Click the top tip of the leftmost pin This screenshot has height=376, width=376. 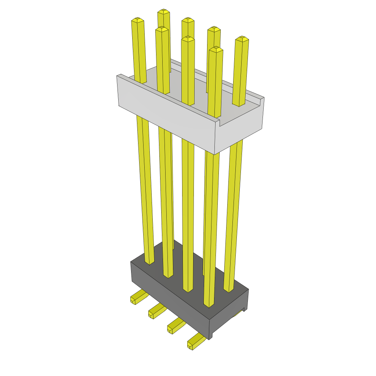[x=137, y=19]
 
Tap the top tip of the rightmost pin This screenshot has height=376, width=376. [x=242, y=38]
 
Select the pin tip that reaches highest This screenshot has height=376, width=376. [x=164, y=11]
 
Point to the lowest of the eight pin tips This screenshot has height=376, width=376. [x=216, y=49]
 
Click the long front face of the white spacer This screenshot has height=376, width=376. [x=165, y=121]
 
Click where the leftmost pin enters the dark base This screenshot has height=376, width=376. [x=149, y=262]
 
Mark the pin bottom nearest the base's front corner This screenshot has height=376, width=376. [x=209, y=305]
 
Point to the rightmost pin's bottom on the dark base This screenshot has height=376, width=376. [x=228, y=290]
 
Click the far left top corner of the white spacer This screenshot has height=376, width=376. [x=118, y=76]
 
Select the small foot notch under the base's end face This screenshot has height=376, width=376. [x=243, y=309]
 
